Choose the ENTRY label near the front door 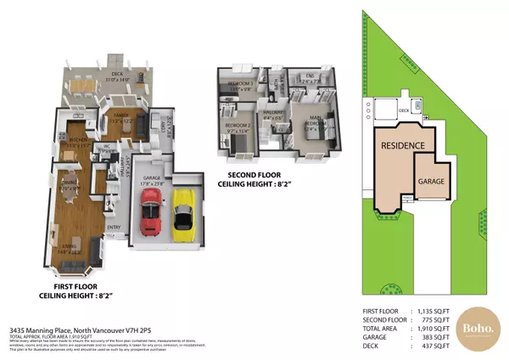click(x=113, y=227)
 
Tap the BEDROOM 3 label click(x=241, y=82)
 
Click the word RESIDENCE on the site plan click(x=402, y=145)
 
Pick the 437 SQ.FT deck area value click(x=429, y=345)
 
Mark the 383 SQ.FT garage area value click(x=429, y=336)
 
